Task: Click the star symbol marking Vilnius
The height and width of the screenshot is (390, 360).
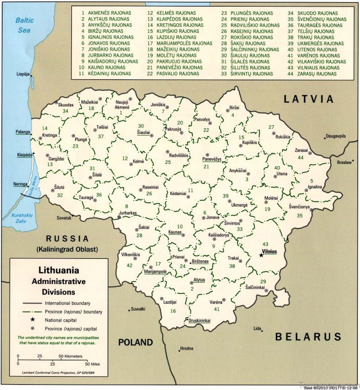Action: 261,255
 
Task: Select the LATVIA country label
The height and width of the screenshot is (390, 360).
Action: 308,99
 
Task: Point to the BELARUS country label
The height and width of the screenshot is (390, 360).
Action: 308,336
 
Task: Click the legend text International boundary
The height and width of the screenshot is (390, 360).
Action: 67,303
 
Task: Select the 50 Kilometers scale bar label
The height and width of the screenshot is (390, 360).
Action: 71,356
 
